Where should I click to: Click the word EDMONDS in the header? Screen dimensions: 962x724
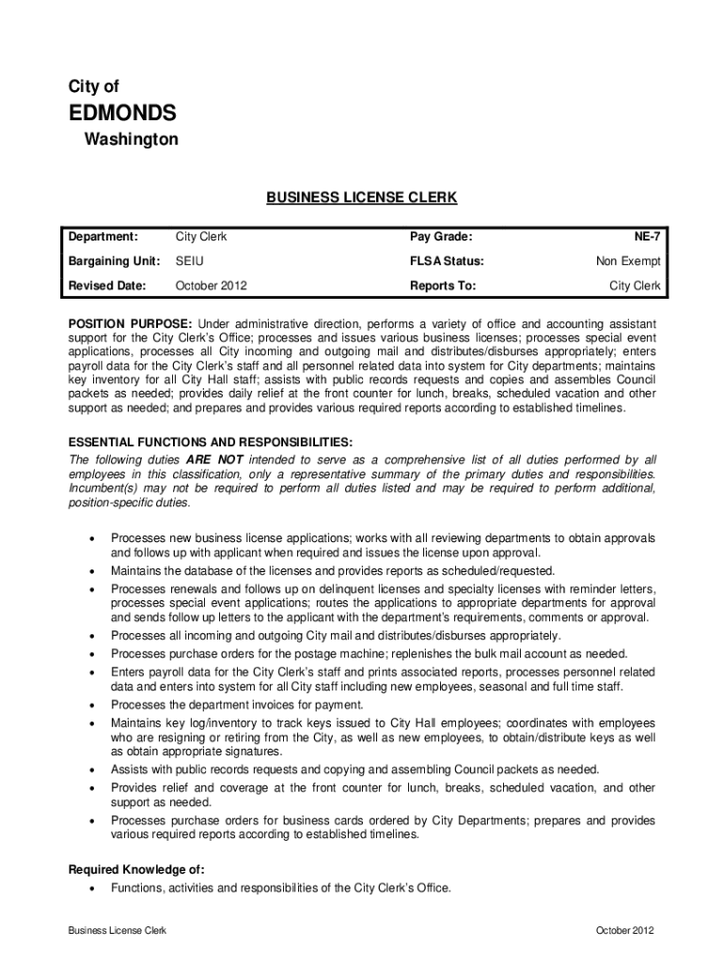pos(123,114)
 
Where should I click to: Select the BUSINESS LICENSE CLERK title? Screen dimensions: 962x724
pos(361,198)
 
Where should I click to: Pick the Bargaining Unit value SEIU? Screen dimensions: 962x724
pos(190,261)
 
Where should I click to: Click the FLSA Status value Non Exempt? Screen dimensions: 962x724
pos(628,261)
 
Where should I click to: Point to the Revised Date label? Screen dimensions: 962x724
pos(106,285)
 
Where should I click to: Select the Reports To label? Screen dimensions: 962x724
pos(443,285)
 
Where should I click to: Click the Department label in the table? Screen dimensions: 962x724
pos(102,238)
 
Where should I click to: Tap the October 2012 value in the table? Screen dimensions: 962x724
pos(212,285)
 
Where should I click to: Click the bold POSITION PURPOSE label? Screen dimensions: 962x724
pos(131,323)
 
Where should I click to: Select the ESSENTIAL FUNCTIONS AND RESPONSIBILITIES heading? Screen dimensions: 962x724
pos(212,442)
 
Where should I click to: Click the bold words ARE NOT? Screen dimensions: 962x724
pos(214,459)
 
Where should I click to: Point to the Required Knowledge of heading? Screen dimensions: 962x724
pos(137,869)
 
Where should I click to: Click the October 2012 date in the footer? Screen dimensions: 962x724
pos(624,930)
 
